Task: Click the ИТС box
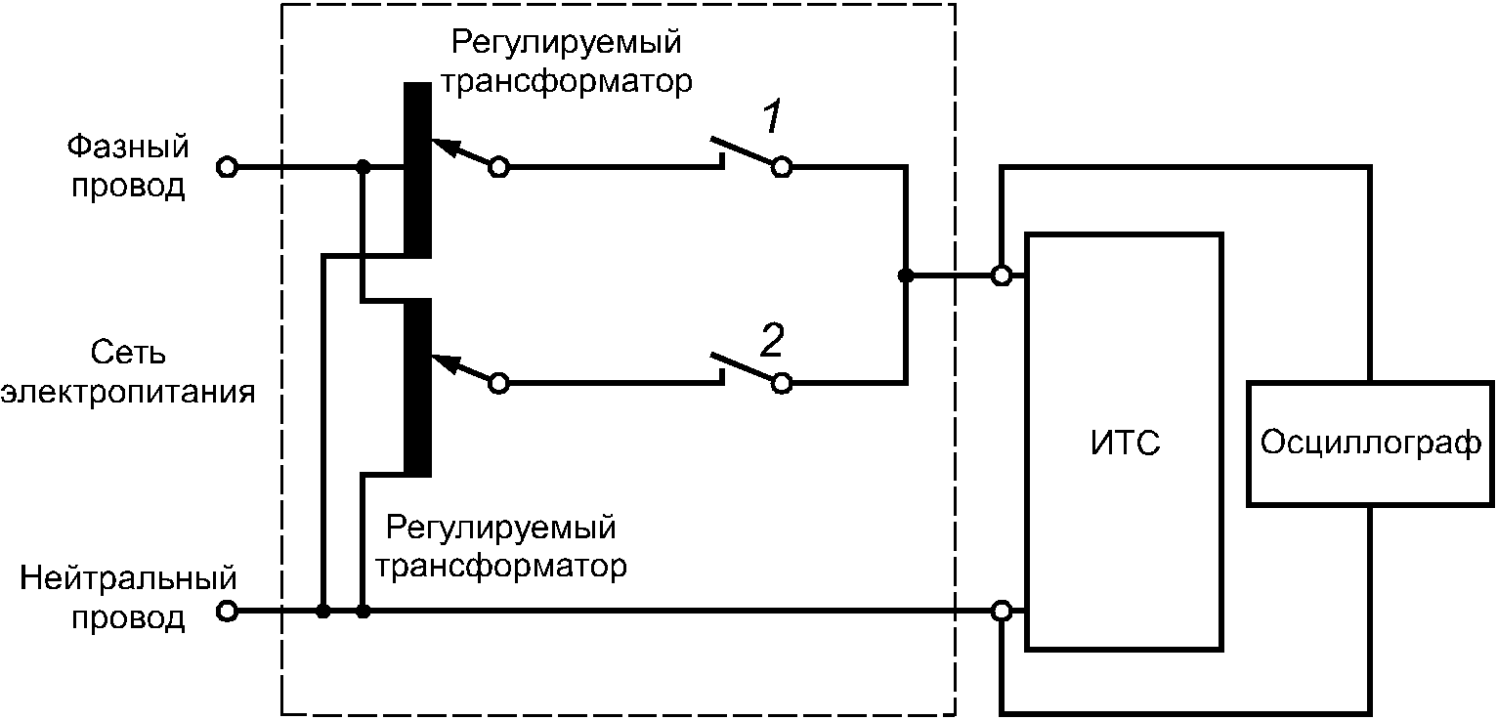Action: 1123,442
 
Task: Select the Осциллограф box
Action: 1369,443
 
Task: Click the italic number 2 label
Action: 772,341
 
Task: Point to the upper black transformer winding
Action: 417,170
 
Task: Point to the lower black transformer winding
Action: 417,387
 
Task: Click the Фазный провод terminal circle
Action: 227,167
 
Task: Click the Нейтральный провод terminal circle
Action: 227,612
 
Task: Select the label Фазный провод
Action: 127,166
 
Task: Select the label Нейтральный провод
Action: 129,597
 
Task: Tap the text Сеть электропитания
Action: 127,372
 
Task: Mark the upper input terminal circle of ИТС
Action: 1002,275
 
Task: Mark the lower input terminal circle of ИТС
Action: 1002,612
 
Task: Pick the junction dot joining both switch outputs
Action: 906,275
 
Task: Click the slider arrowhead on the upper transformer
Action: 442,148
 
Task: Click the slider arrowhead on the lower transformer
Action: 442,364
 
